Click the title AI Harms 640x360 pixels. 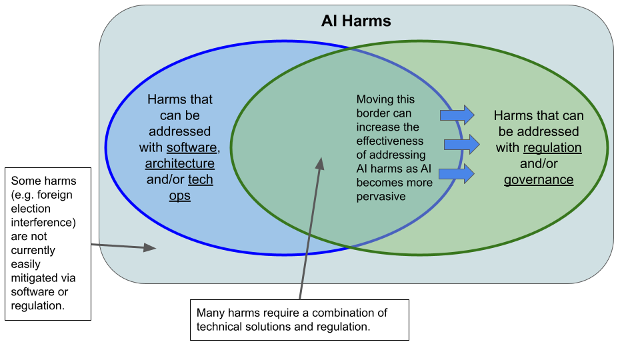click(x=356, y=21)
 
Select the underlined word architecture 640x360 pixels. click(x=180, y=163)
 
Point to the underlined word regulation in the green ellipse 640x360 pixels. click(x=553, y=147)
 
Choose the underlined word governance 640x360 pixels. click(x=539, y=179)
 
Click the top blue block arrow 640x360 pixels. click(x=457, y=115)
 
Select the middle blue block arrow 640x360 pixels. click(x=461, y=144)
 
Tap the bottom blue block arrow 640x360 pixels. click(x=457, y=173)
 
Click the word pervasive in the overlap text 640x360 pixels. click(x=381, y=197)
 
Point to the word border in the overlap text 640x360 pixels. click(x=374, y=113)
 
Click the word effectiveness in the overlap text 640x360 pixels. click(x=390, y=141)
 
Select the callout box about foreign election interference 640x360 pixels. click(x=48, y=243)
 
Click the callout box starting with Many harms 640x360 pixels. click(x=299, y=320)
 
